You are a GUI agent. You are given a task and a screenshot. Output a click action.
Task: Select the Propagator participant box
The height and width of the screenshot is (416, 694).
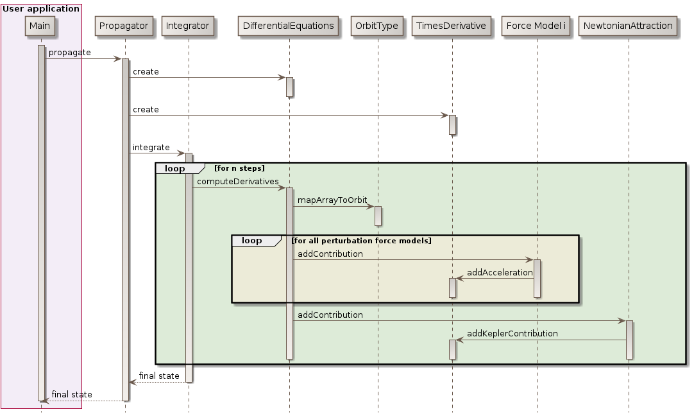[124, 26]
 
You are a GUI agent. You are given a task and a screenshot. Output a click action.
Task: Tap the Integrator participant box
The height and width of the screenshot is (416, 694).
[187, 26]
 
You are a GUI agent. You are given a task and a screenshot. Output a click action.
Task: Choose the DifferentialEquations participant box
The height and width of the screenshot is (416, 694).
[289, 26]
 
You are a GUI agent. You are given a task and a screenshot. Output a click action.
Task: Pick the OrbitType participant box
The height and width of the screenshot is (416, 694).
[377, 26]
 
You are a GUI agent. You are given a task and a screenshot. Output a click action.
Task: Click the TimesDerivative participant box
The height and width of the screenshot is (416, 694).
[452, 26]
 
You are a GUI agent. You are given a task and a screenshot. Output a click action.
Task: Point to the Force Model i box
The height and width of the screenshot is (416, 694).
[537, 26]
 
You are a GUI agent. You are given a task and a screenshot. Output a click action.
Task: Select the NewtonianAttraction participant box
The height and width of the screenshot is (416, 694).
[628, 26]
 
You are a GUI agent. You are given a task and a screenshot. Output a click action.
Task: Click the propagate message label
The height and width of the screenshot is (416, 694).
[69, 53]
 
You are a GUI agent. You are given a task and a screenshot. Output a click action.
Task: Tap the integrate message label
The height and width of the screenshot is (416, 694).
[151, 148]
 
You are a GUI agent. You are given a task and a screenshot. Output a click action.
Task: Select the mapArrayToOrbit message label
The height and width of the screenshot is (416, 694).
[332, 200]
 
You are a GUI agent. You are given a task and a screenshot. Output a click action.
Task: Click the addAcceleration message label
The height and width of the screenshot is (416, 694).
[500, 273]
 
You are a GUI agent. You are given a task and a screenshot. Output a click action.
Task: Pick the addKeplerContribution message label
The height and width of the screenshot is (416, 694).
[512, 334]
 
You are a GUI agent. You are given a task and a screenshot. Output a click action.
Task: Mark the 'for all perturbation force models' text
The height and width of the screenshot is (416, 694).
[361, 241]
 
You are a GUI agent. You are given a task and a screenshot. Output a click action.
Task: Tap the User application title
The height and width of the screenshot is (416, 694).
[41, 9]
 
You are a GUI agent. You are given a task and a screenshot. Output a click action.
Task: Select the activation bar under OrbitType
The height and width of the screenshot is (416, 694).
[377, 216]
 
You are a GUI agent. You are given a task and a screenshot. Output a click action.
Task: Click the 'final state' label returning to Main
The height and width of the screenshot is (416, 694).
[72, 395]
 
